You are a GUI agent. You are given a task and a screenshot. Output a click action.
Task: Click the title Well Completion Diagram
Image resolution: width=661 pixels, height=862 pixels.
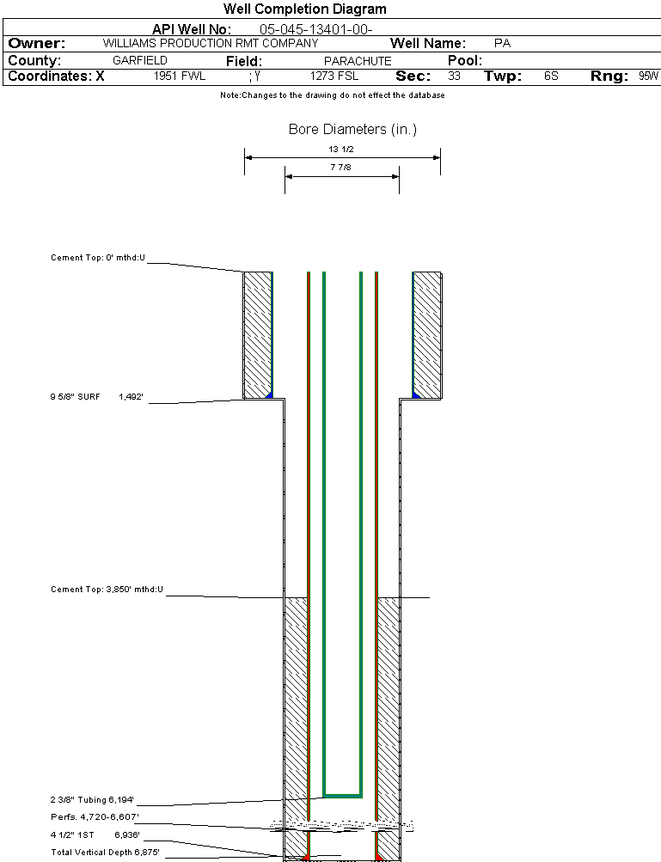(x=304, y=9)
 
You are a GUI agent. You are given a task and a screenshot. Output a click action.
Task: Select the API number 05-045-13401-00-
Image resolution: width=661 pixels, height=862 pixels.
(x=316, y=29)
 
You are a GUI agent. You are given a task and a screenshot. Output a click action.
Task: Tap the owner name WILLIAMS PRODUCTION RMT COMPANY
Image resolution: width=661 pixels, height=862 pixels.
(x=211, y=44)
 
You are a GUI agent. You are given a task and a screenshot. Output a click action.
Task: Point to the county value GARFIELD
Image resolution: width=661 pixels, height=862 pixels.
(x=140, y=60)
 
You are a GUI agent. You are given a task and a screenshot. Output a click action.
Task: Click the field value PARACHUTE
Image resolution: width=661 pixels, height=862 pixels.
(x=358, y=61)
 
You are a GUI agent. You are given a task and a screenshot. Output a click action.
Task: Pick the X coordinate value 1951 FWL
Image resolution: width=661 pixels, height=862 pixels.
(x=180, y=76)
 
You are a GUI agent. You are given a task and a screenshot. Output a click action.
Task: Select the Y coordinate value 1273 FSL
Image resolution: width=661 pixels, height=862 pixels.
(x=334, y=76)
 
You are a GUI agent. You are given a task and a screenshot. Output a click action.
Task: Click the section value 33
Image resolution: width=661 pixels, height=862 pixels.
(x=454, y=76)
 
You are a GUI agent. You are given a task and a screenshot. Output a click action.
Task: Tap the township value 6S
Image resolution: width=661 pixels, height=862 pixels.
(x=551, y=76)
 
